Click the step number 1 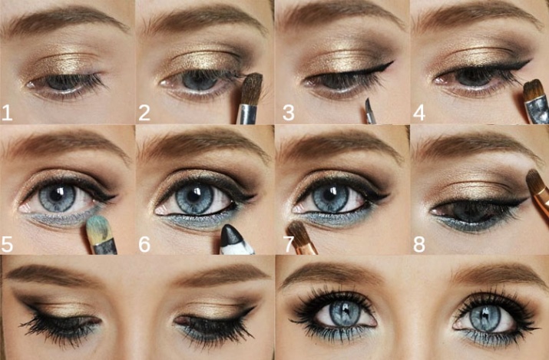click(7, 113)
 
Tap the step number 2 click(144, 113)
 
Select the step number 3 click(288, 113)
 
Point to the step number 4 click(419, 113)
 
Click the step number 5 click(7, 244)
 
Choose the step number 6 click(144, 244)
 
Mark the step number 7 click(289, 244)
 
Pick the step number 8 click(419, 244)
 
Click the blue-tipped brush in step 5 click(101, 235)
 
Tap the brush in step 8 click(538, 190)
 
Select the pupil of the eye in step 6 click(193, 196)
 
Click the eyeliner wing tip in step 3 click(392, 63)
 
